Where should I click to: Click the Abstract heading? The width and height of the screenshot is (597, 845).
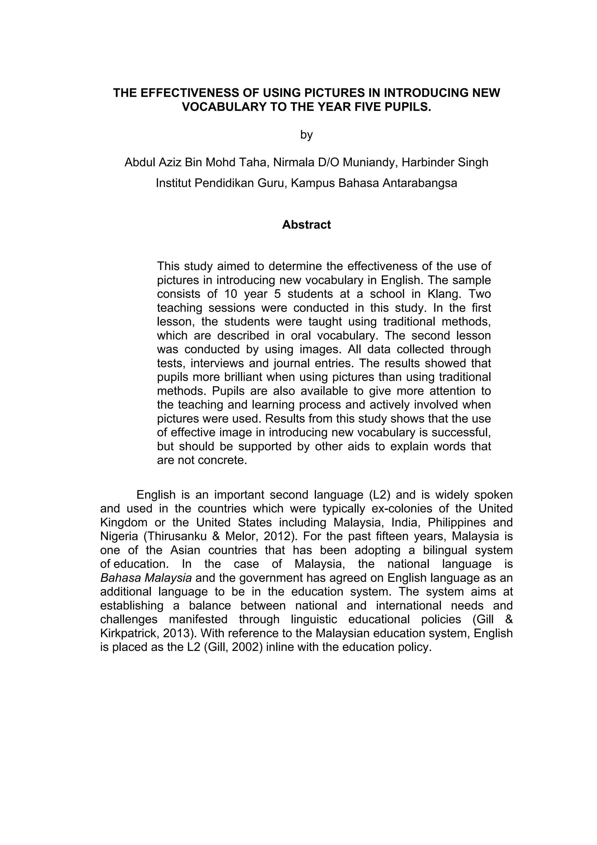pyautogui.click(x=306, y=225)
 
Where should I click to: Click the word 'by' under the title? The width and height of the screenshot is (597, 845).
pyautogui.click(x=306, y=135)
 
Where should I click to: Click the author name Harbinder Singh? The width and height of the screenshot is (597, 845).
pyautogui.click(x=445, y=162)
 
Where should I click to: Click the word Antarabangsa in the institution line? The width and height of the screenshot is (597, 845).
pyautogui.click(x=420, y=183)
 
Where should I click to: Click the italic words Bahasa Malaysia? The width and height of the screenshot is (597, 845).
pyautogui.click(x=146, y=578)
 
